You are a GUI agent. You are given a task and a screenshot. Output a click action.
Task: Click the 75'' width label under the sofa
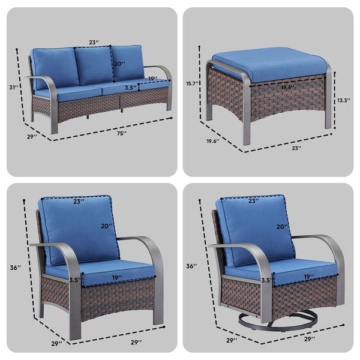point(122,133)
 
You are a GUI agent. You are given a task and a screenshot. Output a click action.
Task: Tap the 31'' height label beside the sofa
point(13,88)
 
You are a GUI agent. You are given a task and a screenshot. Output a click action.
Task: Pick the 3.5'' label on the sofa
point(129,88)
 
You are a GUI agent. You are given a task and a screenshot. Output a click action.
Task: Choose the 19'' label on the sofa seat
point(152,78)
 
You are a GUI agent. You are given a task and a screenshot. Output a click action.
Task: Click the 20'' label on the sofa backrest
point(119,64)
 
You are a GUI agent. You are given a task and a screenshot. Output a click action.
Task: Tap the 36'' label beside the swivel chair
point(191,265)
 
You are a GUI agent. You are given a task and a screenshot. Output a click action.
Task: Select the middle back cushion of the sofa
point(92,66)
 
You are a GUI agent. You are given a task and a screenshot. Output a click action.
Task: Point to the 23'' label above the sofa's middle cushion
point(93,43)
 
